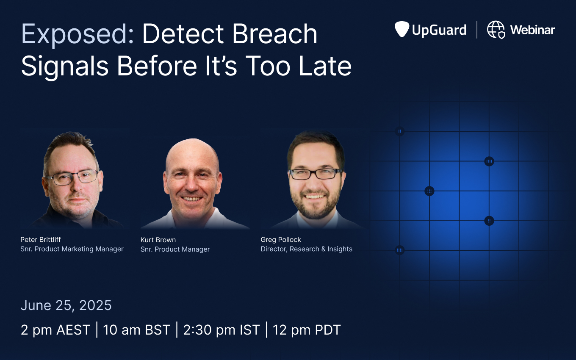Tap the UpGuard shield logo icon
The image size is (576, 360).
[x=402, y=29]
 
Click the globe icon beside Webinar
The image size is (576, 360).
[x=496, y=30]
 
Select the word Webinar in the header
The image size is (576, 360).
[x=532, y=30]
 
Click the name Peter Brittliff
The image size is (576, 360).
[x=41, y=240]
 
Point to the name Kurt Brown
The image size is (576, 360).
[x=158, y=240]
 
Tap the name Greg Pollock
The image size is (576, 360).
[x=280, y=240]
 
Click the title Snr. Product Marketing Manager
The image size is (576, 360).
[x=72, y=249]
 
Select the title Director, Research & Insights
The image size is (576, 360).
[x=306, y=249]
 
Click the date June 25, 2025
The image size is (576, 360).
[x=66, y=305]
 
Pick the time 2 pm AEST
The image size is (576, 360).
[x=55, y=330]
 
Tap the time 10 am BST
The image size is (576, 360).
[x=136, y=330]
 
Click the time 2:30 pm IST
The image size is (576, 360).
[x=222, y=330]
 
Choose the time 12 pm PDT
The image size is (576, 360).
[x=307, y=330]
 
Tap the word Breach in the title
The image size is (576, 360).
[x=274, y=34]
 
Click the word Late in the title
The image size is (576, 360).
[x=325, y=66]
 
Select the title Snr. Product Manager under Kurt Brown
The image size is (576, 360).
[x=175, y=249]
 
